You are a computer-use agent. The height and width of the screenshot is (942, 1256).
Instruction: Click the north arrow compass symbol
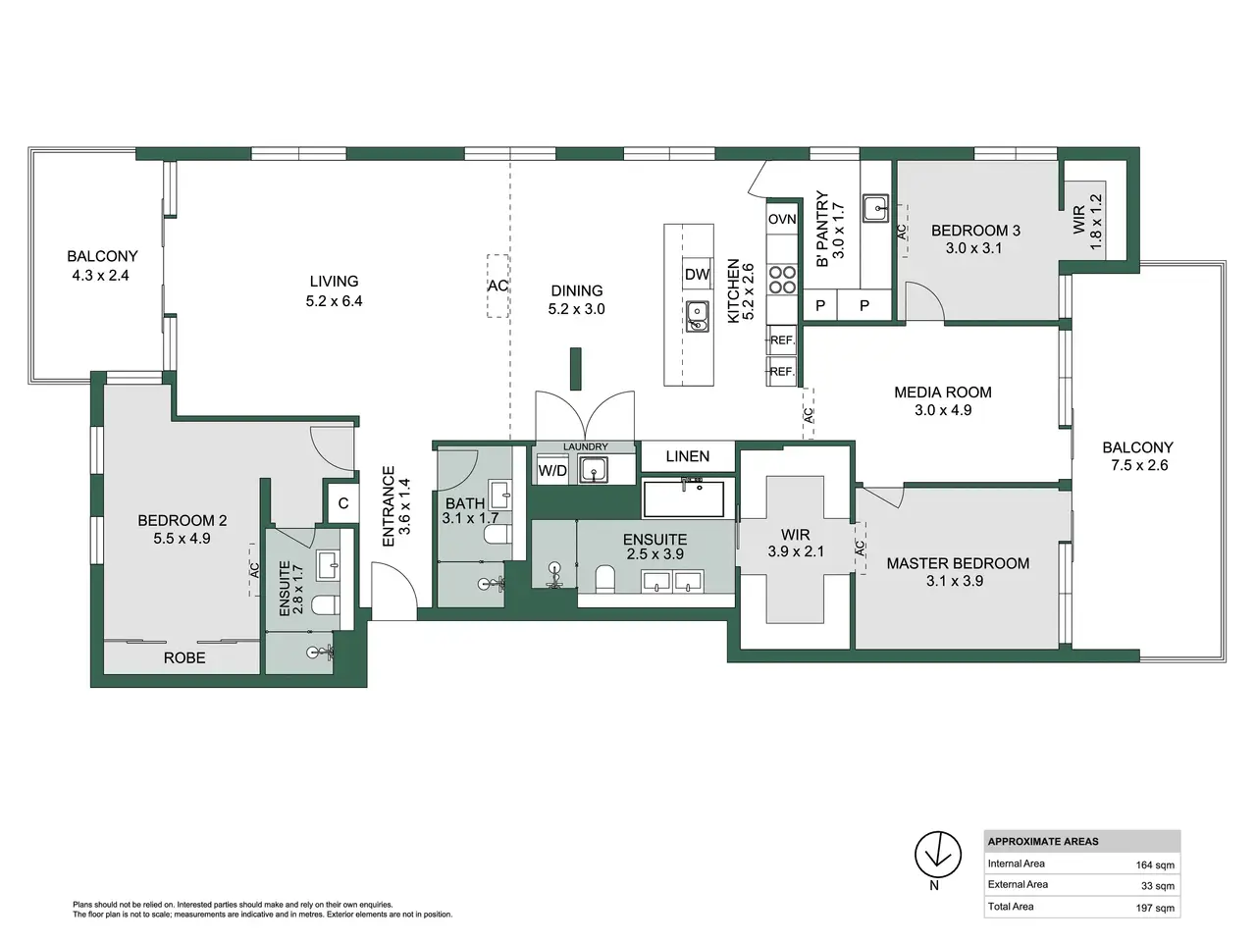coord(937,856)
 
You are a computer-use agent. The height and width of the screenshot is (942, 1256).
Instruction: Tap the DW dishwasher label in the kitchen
coord(697,275)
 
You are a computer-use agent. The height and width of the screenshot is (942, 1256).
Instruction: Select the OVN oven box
coord(782,219)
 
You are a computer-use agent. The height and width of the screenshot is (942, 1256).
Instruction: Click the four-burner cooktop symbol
coord(782,280)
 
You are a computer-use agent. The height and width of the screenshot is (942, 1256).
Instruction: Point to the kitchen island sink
coord(698,317)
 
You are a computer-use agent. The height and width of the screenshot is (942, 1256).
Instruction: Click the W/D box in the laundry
coord(552,470)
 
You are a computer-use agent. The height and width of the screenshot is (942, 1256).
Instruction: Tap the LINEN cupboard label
coord(688,456)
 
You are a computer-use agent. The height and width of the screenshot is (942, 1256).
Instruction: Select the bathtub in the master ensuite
coord(684,498)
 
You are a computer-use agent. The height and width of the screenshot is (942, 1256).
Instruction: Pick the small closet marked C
coord(342,503)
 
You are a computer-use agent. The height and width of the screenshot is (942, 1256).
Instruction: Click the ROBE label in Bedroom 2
coord(184,658)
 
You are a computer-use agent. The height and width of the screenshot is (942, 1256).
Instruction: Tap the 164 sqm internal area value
coord(1155,865)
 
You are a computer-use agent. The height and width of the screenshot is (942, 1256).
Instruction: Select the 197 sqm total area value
coord(1155,908)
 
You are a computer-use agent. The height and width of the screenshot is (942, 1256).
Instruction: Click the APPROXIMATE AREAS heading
coord(1042,841)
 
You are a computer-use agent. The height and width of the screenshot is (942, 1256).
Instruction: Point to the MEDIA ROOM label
coord(943,392)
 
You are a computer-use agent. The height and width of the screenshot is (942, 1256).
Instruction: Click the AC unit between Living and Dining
coord(497,286)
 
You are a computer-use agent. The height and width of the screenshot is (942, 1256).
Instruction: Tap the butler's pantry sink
coord(875,208)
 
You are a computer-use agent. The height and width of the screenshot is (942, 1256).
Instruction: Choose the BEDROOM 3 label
coord(975,231)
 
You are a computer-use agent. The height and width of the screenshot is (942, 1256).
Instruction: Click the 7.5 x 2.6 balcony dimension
coord(1139,465)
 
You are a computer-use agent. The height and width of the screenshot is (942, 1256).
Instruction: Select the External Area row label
coord(1018,884)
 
